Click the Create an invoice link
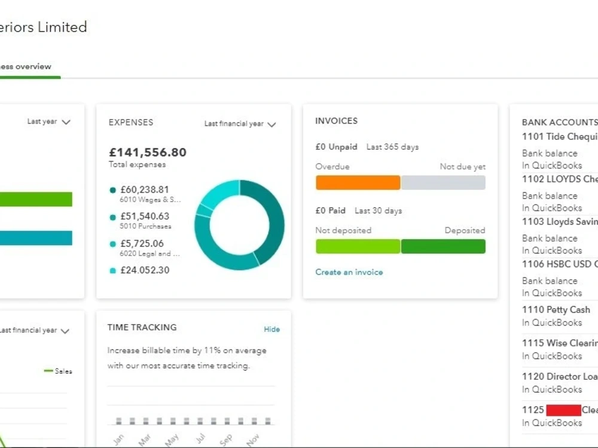click(x=349, y=272)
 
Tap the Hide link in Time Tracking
click(x=271, y=329)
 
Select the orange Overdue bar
click(x=358, y=183)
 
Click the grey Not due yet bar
click(x=443, y=183)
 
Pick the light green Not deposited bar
click(x=358, y=246)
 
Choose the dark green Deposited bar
click(x=443, y=246)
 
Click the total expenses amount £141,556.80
click(x=148, y=152)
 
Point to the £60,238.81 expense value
click(x=145, y=189)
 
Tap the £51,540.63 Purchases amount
click(x=145, y=216)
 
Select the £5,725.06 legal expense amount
click(x=142, y=244)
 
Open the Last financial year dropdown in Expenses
click(x=240, y=124)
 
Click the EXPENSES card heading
click(x=131, y=122)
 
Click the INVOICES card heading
click(x=336, y=121)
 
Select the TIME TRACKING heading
click(x=142, y=327)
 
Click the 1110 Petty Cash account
click(x=556, y=309)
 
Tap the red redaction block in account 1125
click(x=563, y=410)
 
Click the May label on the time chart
click(x=172, y=439)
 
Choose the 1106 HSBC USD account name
click(x=559, y=263)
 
